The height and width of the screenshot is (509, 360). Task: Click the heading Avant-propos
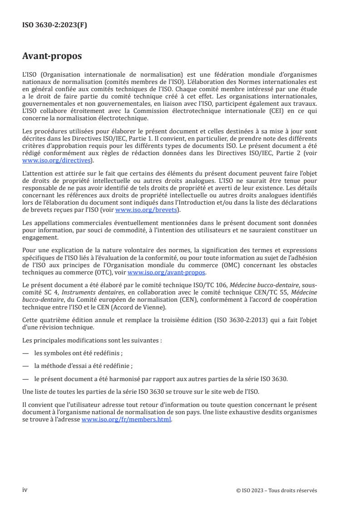coord(52,56)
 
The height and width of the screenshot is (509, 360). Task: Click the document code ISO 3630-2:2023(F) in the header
coord(54,25)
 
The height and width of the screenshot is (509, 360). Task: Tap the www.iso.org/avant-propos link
coord(167,272)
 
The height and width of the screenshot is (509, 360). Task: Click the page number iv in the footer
coord(25,490)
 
